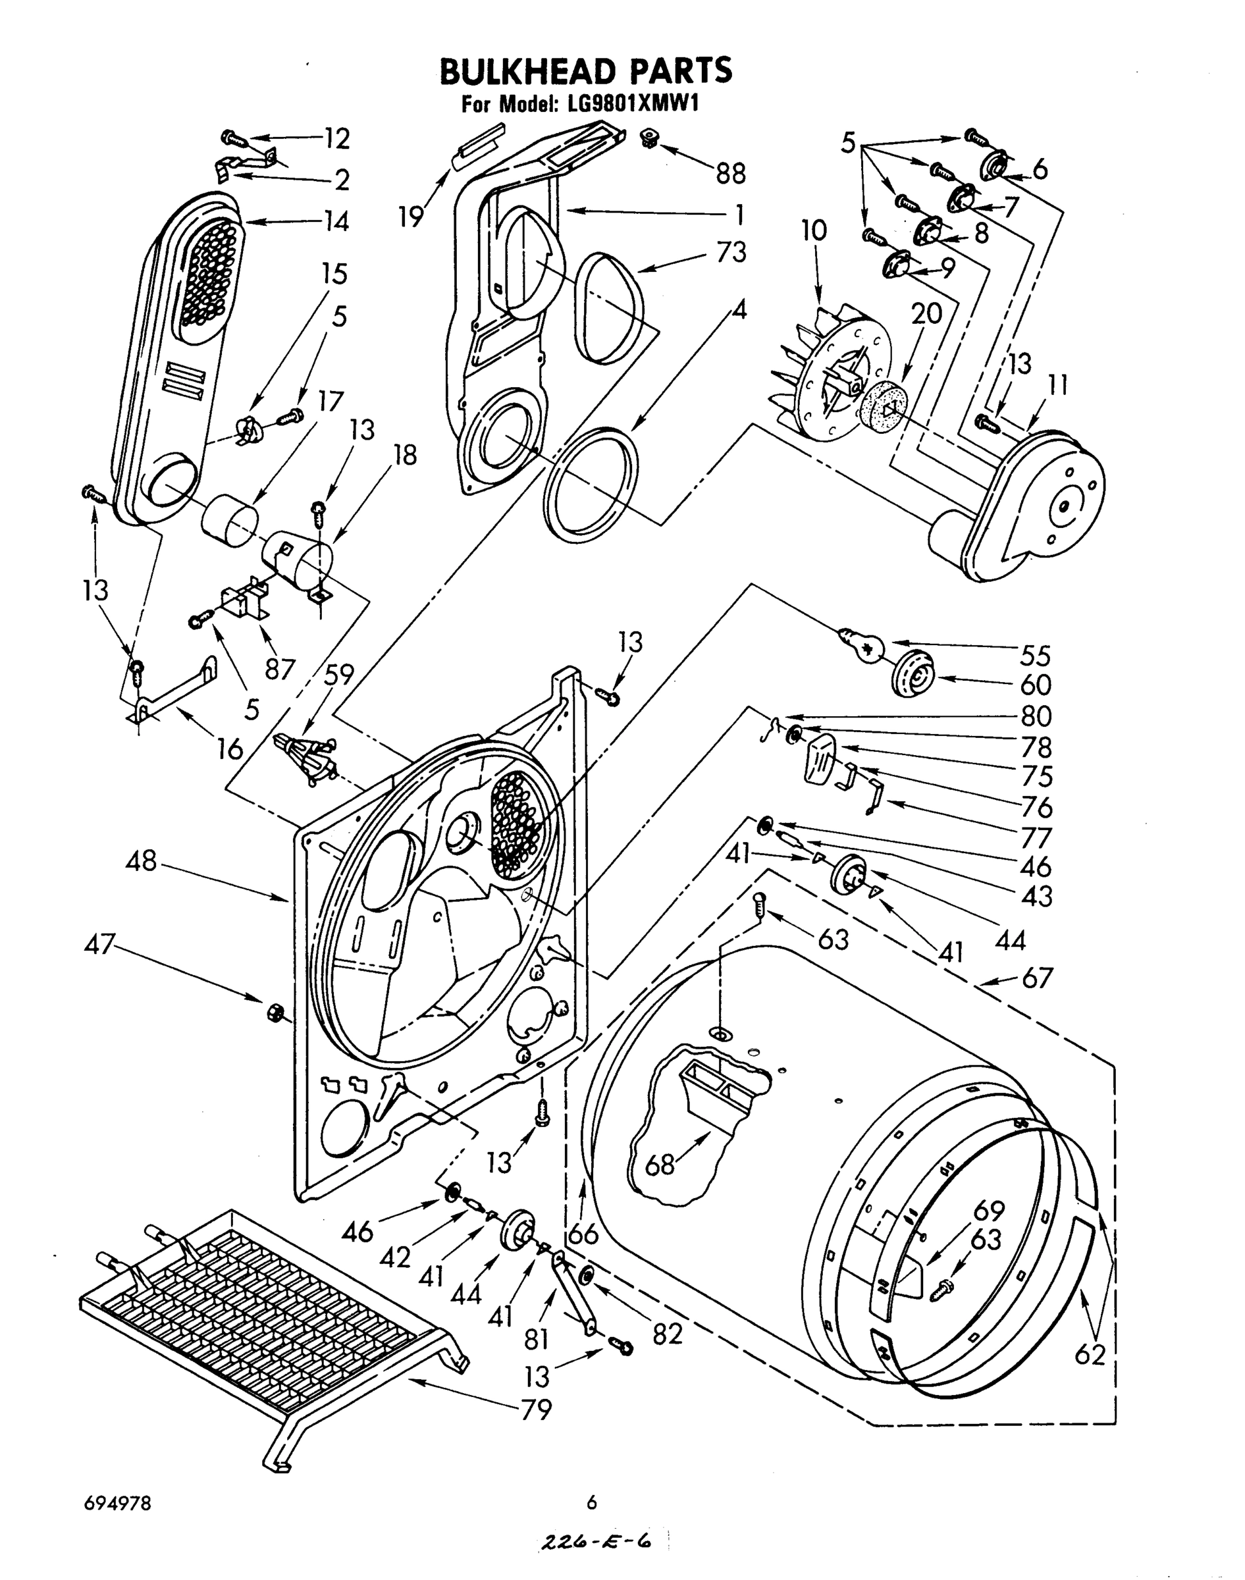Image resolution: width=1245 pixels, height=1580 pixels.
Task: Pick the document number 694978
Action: [117, 1503]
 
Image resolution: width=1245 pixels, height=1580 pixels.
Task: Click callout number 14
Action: [335, 221]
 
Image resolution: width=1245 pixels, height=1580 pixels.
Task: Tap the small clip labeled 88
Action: [647, 137]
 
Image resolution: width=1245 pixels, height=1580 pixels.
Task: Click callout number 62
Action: [1090, 1354]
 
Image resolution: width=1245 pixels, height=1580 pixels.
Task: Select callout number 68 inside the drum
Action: [660, 1165]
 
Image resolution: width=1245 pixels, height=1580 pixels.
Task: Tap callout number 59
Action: [339, 675]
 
